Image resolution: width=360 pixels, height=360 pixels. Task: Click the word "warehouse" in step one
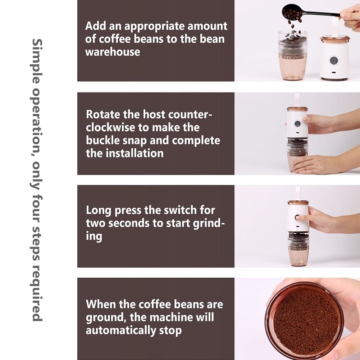(x=113, y=52)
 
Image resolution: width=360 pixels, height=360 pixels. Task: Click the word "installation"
(x=135, y=153)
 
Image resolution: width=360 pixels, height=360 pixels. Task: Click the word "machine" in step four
(x=171, y=317)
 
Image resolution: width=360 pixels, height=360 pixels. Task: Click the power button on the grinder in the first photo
(x=334, y=61)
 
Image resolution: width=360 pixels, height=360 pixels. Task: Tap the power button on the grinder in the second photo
(x=297, y=124)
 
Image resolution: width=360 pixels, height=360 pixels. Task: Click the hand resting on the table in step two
(x=322, y=164)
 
